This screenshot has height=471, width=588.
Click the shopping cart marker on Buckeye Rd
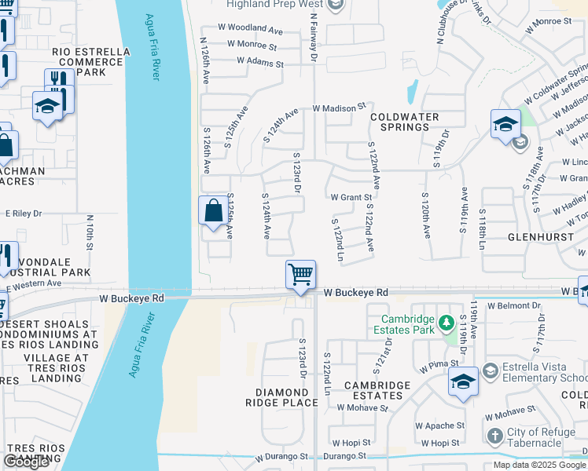300,276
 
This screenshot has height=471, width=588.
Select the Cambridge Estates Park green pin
446,323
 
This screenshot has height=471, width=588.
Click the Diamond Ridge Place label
286,398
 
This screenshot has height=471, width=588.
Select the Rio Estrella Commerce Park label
91,62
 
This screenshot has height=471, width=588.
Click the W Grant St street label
351,197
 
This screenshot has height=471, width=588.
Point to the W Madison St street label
340,107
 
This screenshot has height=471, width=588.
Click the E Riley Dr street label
24,213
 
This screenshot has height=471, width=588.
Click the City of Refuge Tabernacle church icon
494,436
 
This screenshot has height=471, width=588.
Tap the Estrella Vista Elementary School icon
490,370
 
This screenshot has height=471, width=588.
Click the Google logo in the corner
27,462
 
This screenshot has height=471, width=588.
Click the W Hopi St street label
351,443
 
